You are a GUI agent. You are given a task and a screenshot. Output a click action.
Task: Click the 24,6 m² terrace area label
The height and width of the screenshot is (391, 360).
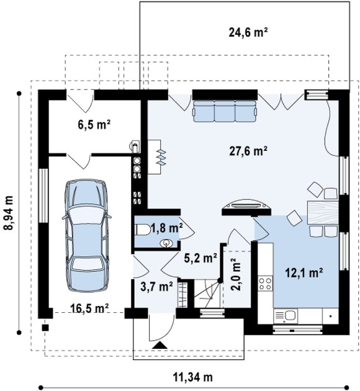click(x=248, y=32)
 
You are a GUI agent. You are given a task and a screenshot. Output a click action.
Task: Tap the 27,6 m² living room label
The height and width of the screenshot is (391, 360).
click(x=248, y=151)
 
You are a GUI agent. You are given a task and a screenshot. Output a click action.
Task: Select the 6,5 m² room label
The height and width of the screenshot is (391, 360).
click(x=94, y=124)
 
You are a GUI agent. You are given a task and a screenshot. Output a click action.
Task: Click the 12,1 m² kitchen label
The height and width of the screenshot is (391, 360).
click(x=304, y=273)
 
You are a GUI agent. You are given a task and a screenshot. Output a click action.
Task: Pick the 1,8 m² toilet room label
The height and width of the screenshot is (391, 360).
click(x=167, y=228)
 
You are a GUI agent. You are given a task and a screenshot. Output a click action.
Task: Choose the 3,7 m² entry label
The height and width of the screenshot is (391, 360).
click(x=156, y=287)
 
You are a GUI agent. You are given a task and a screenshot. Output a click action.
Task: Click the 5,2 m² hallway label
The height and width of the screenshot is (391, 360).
click(x=200, y=259)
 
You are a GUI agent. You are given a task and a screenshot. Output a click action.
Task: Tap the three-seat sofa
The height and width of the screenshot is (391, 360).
click(x=224, y=111)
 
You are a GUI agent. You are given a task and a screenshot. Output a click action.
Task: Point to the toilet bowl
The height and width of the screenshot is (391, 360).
click(x=142, y=230)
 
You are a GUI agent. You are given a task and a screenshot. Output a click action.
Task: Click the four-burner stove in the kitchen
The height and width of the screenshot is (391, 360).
click(x=265, y=284)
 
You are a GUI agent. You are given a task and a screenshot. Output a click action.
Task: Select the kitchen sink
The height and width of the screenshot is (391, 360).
click(x=286, y=316)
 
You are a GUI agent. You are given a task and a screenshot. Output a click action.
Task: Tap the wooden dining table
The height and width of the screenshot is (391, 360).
click(x=323, y=212)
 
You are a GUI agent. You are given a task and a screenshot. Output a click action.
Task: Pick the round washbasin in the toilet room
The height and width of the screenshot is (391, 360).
click(x=166, y=243)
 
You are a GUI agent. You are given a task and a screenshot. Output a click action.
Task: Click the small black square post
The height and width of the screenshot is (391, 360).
click(x=45, y=328)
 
